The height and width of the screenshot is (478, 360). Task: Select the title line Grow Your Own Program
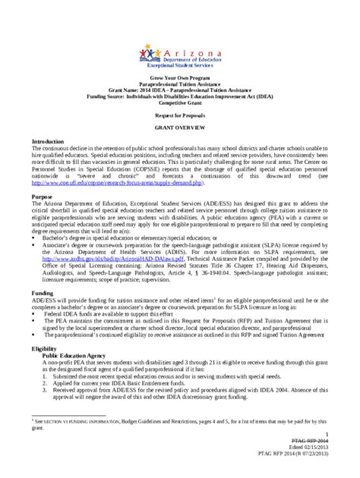180,78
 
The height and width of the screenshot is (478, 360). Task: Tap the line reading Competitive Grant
180,103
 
